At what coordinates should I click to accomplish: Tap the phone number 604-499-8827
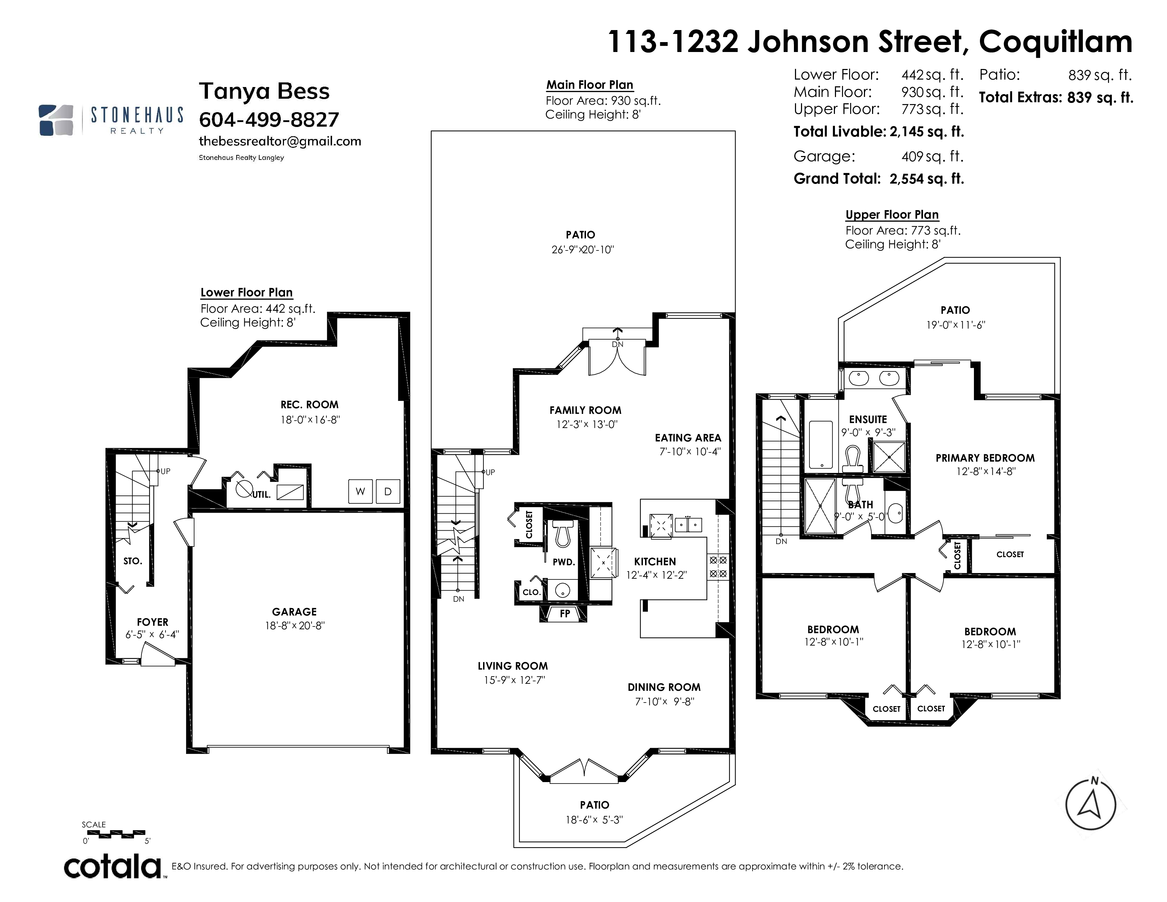coord(269,120)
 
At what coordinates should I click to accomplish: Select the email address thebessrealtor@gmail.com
coord(280,141)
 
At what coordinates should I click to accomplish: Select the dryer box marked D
coord(388,492)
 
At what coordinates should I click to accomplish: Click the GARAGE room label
coord(295,612)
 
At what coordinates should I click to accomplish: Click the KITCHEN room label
coord(655,562)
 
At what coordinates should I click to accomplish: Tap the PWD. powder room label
coord(564,562)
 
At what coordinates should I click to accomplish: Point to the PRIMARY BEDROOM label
coord(985,458)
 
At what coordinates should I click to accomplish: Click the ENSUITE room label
coord(868,420)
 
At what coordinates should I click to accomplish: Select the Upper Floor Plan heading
coord(892,215)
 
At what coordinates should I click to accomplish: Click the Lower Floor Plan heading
coord(246,293)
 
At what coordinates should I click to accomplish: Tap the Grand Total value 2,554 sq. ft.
coord(927,179)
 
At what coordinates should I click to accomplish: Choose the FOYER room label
coord(152,622)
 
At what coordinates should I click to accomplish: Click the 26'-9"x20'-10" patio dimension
coord(583,249)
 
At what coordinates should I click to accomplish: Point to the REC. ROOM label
coord(309,405)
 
